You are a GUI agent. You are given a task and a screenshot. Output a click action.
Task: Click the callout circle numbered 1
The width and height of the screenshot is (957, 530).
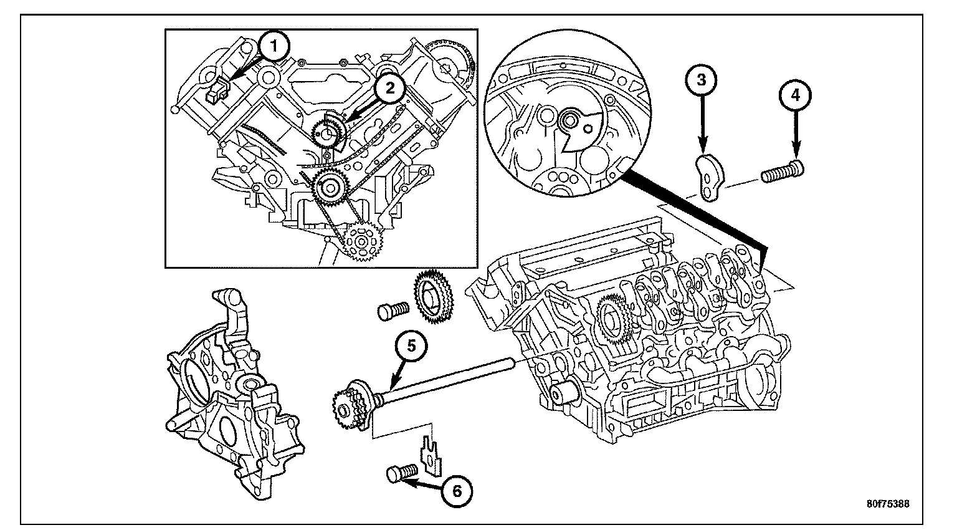coord(274,46)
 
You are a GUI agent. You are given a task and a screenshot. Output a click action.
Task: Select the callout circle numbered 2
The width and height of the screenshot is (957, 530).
coord(389,89)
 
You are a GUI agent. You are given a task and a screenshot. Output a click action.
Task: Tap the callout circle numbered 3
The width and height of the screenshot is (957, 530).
coord(702,80)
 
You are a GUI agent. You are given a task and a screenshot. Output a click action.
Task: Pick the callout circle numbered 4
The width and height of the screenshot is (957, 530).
coord(796,95)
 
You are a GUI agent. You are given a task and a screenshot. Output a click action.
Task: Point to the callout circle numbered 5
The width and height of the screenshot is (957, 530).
coord(411,347)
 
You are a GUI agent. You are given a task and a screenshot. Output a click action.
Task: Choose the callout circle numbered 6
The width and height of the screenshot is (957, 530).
coord(457,491)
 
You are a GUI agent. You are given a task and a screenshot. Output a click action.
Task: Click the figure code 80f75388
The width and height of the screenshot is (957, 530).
coord(888,504)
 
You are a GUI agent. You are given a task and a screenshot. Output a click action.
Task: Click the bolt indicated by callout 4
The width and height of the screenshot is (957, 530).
coord(783,171)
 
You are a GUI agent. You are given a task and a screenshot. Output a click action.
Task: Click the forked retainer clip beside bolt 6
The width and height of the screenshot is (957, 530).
coord(431,456)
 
